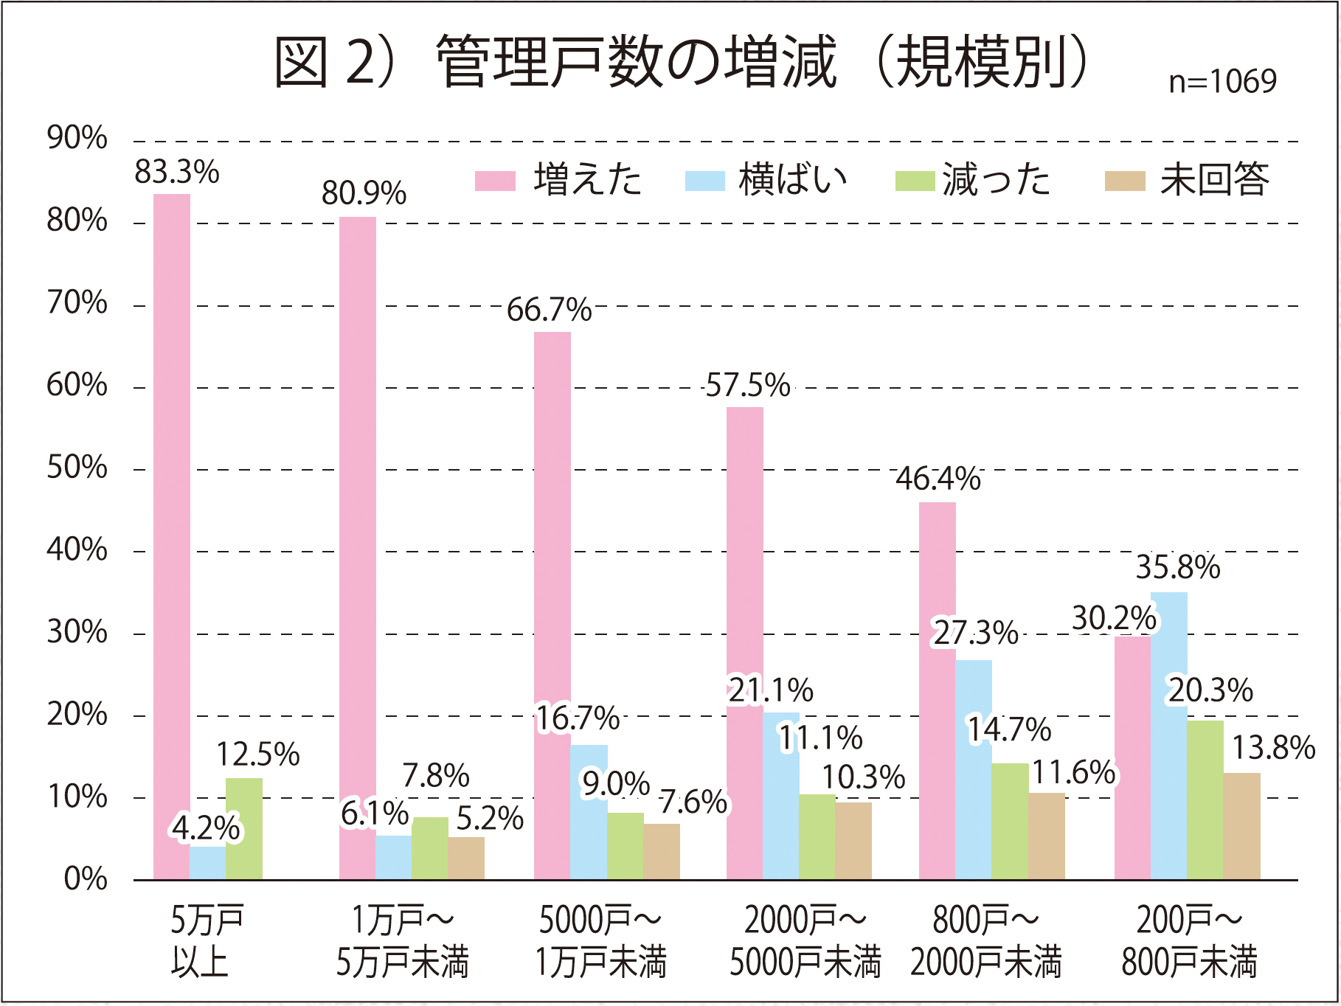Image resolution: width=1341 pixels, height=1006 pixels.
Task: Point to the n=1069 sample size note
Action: (1222, 81)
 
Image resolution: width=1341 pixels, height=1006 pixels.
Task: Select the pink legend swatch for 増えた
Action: (495, 181)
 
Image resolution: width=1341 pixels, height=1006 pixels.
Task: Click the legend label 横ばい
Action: (792, 181)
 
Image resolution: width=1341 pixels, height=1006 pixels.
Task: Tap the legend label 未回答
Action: (1214, 181)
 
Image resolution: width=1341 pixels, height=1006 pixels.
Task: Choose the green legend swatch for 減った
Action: (915, 181)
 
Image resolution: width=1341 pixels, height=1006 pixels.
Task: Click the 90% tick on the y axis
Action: (77, 139)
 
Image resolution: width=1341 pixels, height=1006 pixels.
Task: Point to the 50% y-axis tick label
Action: (77, 468)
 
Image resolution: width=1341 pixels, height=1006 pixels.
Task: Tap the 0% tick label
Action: (86, 879)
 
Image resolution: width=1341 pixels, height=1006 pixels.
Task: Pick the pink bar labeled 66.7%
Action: (552, 605)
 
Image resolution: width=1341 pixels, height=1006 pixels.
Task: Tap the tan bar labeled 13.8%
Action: (1241, 826)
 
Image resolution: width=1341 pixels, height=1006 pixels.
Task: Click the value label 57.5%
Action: (747, 386)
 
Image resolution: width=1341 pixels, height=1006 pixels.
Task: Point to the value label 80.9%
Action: (364, 194)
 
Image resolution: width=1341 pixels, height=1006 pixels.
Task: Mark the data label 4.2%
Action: (206, 828)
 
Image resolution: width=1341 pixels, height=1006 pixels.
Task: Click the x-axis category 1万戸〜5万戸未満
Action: (403, 941)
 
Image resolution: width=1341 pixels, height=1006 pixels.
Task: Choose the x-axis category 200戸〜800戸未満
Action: (1189, 941)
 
